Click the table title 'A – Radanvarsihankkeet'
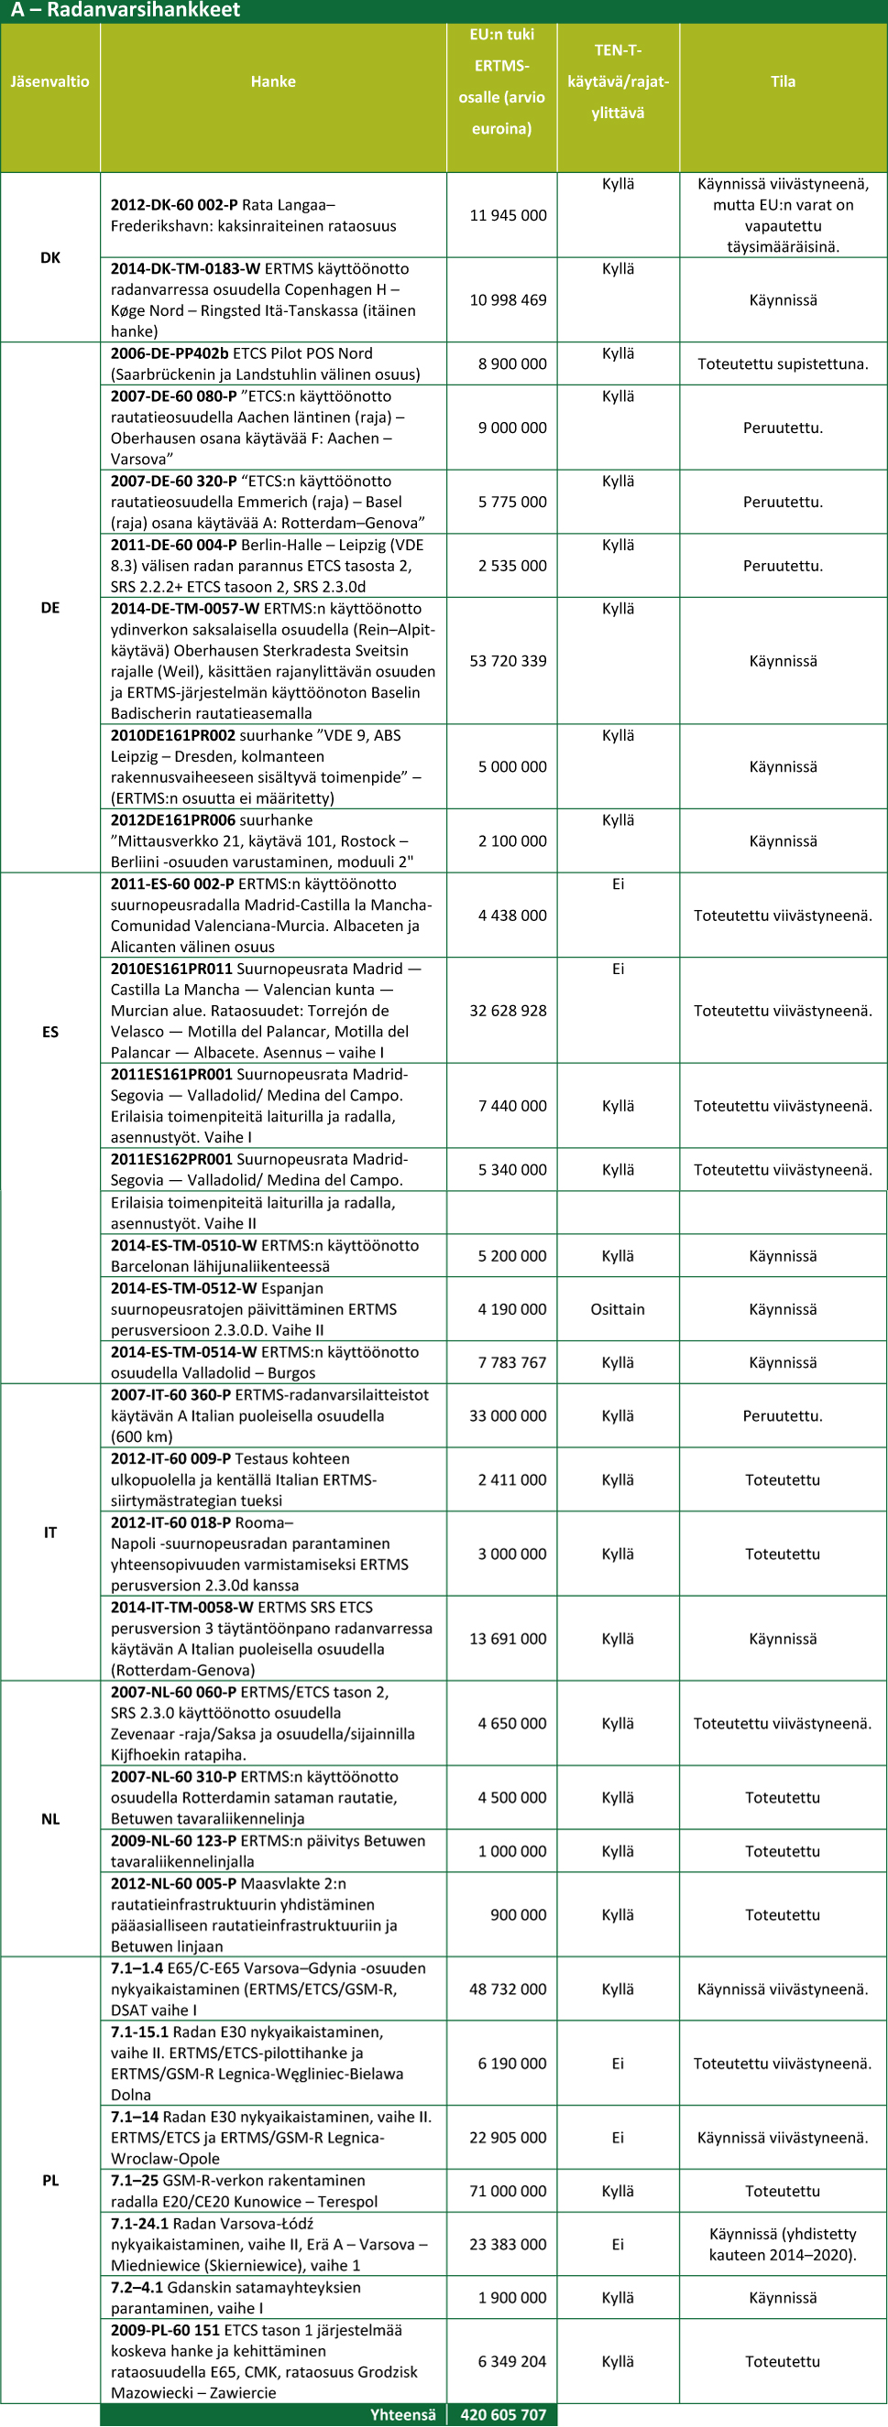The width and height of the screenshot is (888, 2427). tap(126, 10)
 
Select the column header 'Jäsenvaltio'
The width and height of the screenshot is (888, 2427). tap(50, 82)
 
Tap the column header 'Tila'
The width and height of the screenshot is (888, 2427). tap(783, 82)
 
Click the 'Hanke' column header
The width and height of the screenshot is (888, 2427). tap(273, 82)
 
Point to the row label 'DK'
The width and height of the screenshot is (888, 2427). tap(50, 257)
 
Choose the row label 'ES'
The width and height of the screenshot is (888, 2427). tap(50, 1032)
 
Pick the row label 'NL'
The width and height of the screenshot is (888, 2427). tap(50, 1819)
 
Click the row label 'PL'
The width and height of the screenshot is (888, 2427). tap(50, 2180)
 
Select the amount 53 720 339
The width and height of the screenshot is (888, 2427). tap(508, 661)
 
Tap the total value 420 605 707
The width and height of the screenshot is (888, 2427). tap(502, 2415)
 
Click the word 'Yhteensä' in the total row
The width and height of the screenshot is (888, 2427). tap(402, 2415)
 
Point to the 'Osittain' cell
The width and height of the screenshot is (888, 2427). tap(618, 1309)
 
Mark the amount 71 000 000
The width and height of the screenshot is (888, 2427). tap(508, 2192)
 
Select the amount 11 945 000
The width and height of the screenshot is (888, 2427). tap(508, 216)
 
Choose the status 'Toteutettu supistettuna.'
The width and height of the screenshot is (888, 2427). tap(783, 364)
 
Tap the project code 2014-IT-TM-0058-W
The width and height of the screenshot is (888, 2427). tap(182, 1609)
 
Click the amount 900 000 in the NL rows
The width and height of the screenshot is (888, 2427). tap(519, 1915)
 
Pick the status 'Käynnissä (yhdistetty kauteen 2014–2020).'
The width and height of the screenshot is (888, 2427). tap(783, 2244)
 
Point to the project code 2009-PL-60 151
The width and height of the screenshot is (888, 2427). tap(165, 2330)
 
